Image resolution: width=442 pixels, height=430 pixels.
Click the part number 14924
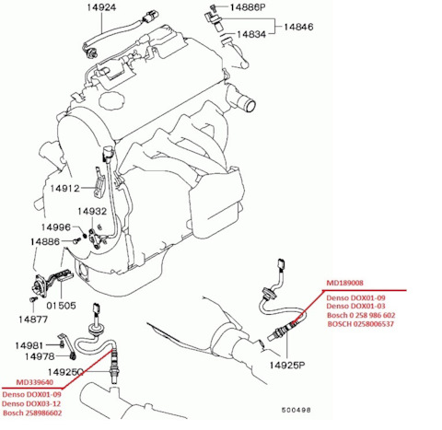coord(101,7)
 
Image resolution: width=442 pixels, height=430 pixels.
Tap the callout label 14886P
coord(247,7)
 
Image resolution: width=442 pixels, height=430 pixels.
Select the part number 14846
coord(298,27)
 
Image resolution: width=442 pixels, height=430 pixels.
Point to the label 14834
coord(251,34)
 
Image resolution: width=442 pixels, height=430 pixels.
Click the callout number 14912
coord(64,188)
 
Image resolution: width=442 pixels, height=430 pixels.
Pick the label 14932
coord(92,211)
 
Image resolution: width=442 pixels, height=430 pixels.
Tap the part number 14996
coord(56,227)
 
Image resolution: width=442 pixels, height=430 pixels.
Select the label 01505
coord(61,306)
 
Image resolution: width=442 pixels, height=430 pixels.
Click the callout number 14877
coord(33,320)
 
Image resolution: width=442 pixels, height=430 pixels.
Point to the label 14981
coord(29,345)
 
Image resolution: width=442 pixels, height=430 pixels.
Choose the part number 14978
coord(40,356)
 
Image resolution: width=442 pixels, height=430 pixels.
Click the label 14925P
coord(287,365)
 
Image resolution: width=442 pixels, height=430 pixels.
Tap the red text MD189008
coord(344,283)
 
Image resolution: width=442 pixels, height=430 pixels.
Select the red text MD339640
coord(35,382)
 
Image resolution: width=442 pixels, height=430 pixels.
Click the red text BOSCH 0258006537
coord(361,324)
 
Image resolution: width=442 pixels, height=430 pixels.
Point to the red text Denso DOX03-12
coord(31,403)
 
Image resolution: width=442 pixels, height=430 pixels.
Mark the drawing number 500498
coord(297,410)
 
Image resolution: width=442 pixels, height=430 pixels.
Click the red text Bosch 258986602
coord(32,413)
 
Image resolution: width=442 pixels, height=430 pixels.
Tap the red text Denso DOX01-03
coord(355,306)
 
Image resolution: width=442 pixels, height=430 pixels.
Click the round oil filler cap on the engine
coord(112,99)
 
